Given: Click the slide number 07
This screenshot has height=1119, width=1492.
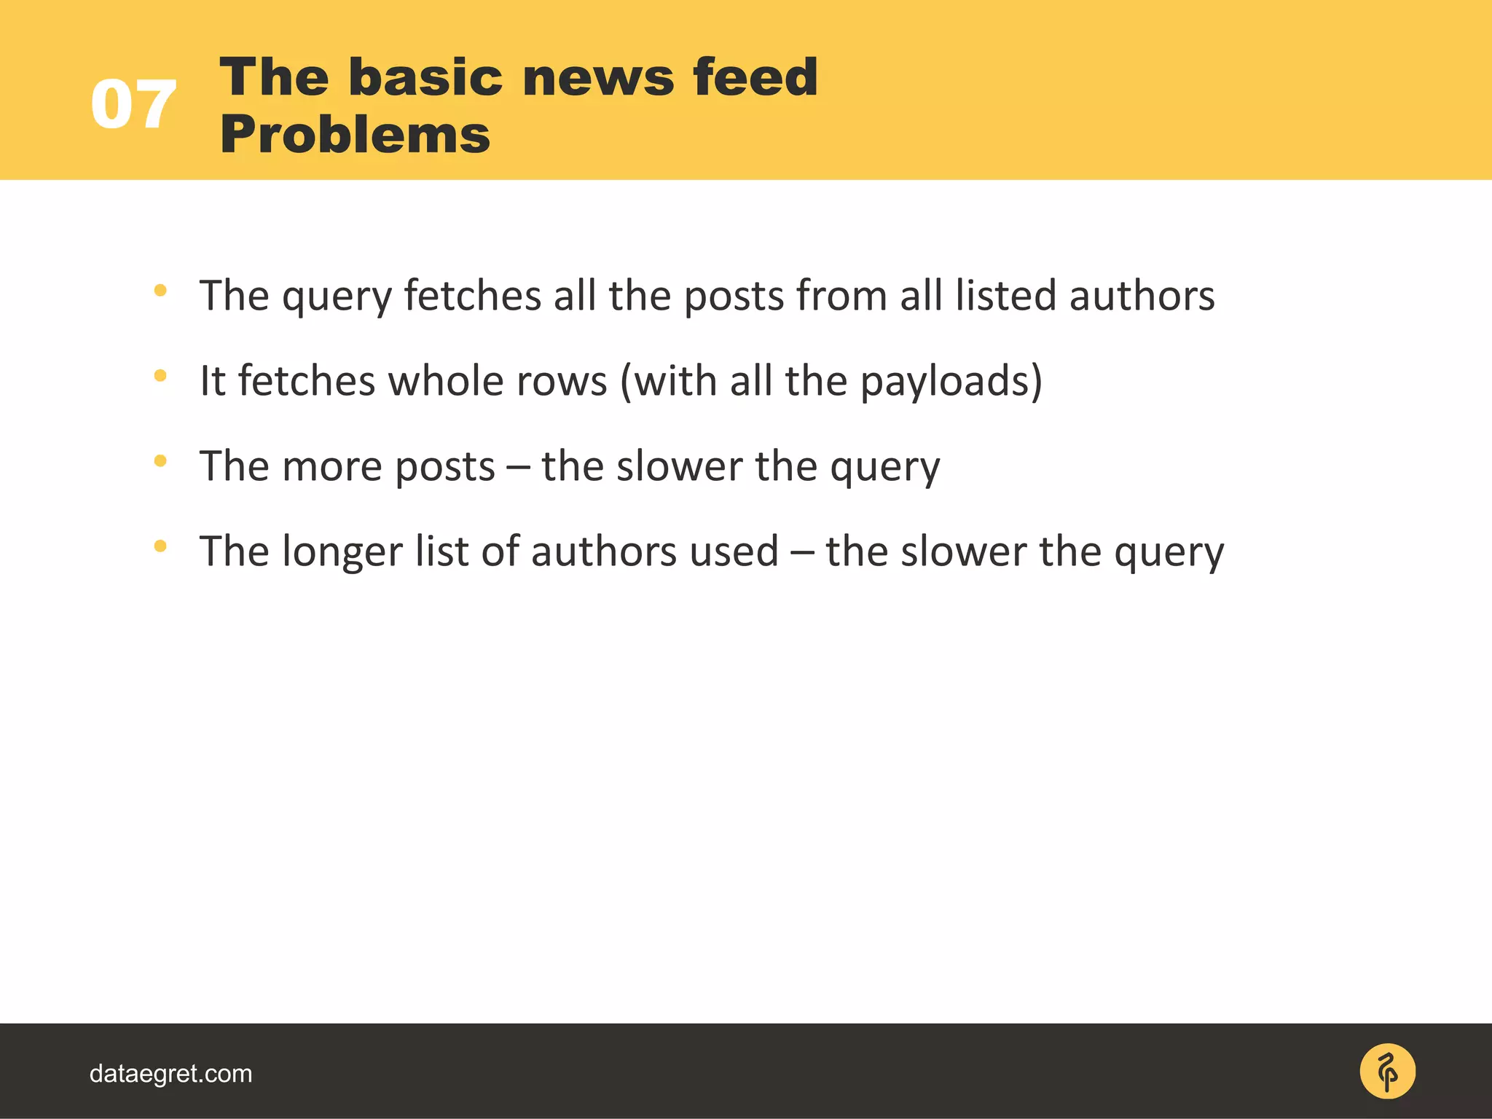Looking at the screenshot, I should click(133, 106).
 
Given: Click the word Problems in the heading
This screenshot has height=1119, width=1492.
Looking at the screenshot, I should click(355, 136).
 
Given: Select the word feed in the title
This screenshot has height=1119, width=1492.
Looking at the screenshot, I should click(755, 77).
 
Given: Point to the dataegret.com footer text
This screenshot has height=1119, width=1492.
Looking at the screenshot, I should click(170, 1073).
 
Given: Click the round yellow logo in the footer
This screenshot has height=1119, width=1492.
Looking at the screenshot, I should click(1387, 1071).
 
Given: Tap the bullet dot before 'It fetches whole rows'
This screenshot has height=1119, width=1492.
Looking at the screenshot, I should click(160, 376).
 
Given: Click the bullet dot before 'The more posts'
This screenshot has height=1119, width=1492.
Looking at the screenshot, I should click(160, 461).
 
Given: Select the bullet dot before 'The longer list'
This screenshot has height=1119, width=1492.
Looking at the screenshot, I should click(160, 546).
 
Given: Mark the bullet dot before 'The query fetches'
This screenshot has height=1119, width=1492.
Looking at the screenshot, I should click(160, 291).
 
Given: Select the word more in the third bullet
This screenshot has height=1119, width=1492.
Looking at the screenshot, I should click(331, 466).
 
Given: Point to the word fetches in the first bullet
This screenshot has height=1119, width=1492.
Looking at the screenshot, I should click(472, 296).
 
